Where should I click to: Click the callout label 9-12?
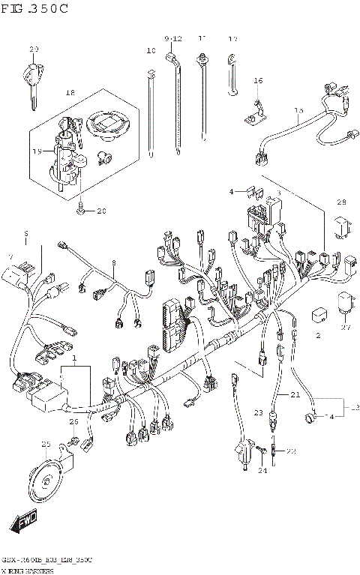pos(173,38)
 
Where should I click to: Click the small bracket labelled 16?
pos(255,110)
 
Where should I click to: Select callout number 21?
pos(295,394)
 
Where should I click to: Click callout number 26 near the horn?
pos(74,423)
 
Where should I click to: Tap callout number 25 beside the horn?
pos(46,445)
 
